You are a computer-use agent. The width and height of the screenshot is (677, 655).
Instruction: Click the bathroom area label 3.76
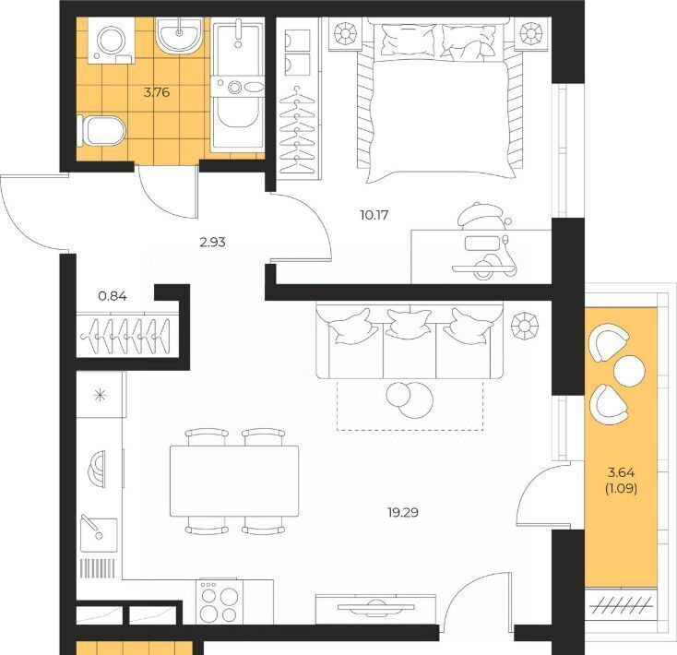click(x=156, y=92)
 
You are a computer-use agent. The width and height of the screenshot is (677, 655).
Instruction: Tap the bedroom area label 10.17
click(x=374, y=215)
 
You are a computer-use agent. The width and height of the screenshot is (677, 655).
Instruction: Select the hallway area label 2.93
click(x=212, y=243)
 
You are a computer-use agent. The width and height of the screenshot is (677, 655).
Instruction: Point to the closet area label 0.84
click(x=113, y=296)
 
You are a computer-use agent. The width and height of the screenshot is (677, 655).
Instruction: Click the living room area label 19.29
click(x=403, y=513)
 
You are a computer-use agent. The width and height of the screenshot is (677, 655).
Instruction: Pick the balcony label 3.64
click(x=621, y=472)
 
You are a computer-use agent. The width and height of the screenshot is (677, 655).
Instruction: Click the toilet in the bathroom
click(x=101, y=130)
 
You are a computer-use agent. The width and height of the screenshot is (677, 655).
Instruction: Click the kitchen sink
click(x=99, y=533)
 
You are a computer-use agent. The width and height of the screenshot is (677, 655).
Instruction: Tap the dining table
click(x=234, y=481)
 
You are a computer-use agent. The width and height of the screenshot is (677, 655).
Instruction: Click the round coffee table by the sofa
click(x=410, y=399)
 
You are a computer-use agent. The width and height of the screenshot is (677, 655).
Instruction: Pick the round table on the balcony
click(x=629, y=372)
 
